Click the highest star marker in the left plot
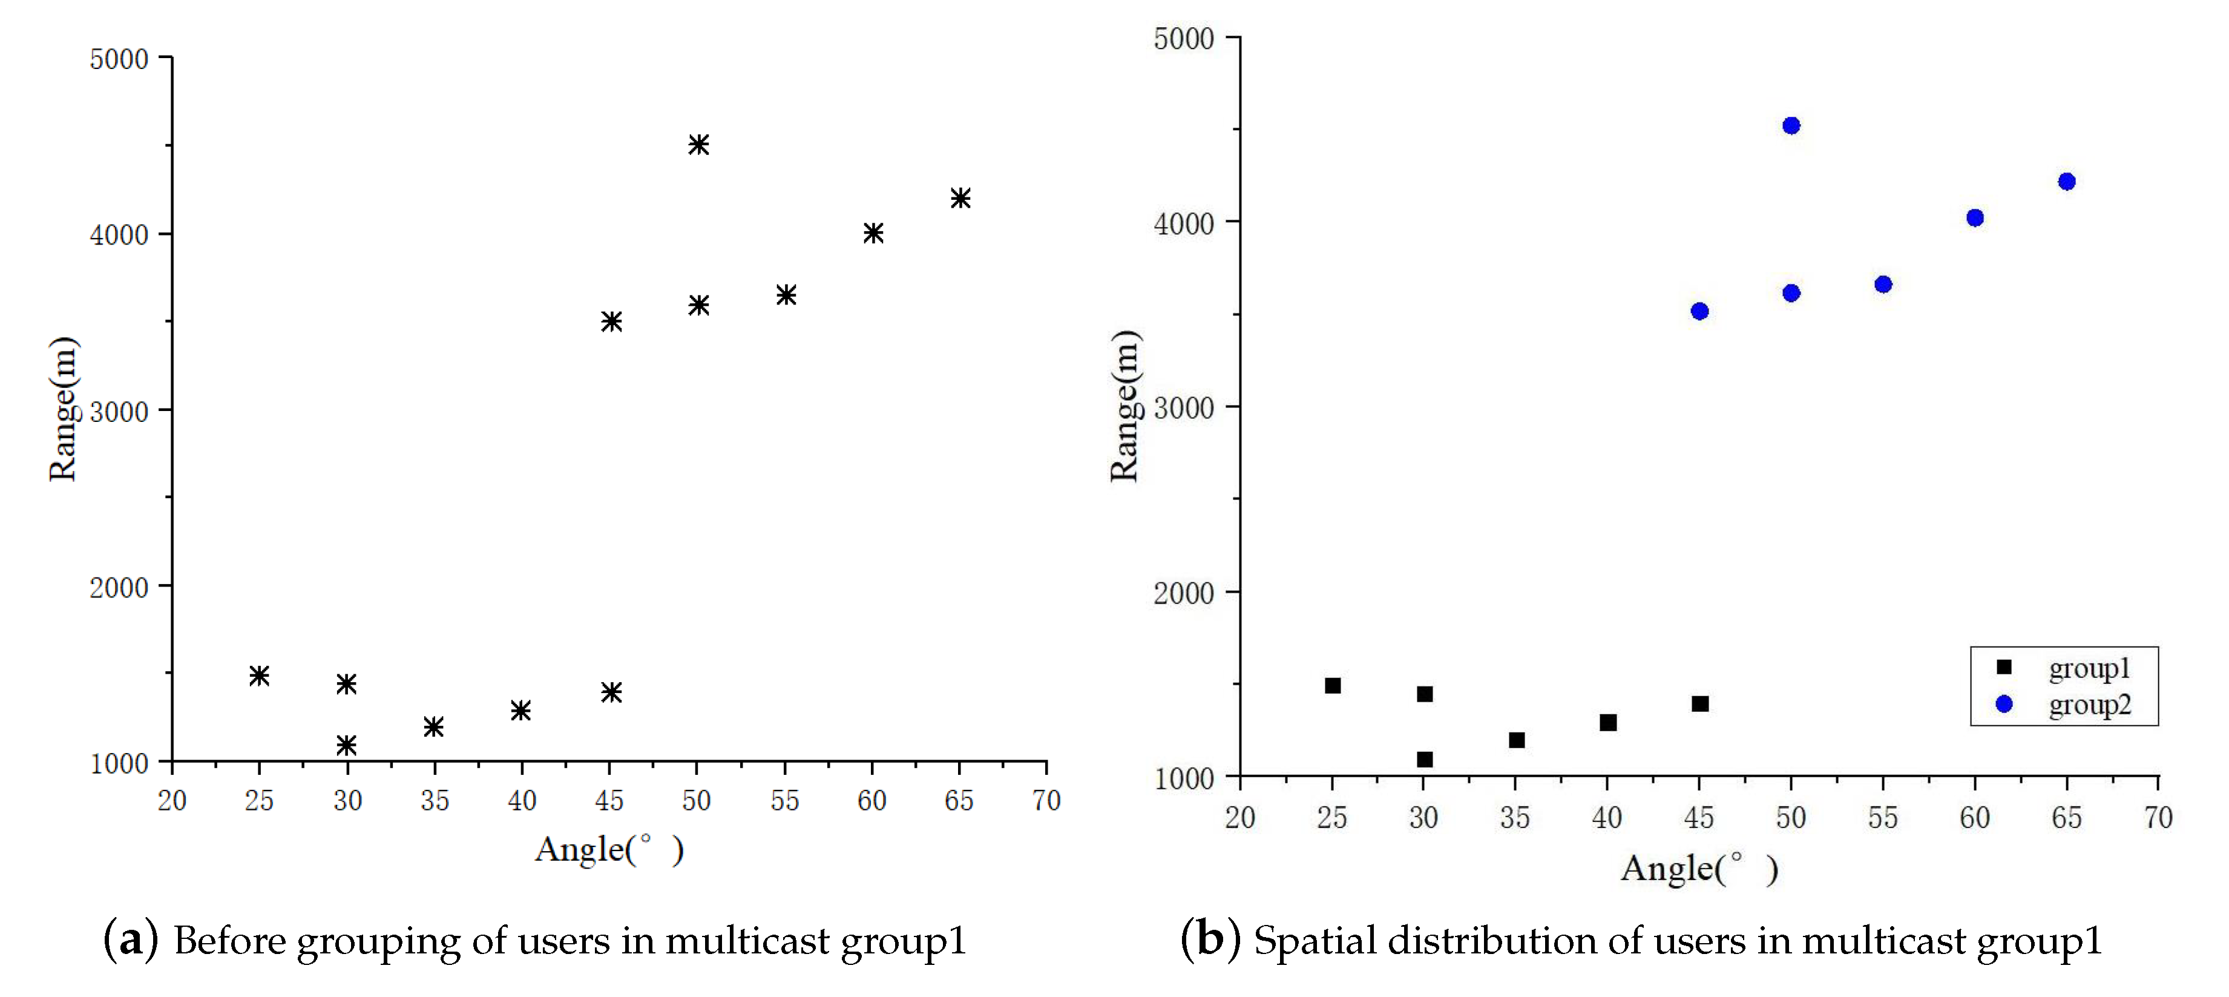[x=698, y=145]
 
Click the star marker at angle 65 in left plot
[x=960, y=198]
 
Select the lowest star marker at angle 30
[x=346, y=745]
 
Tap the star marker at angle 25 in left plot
[x=258, y=675]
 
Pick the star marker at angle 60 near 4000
[x=872, y=233]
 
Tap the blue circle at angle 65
[x=2066, y=182]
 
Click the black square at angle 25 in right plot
[x=1333, y=685]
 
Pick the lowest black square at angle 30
[x=1424, y=759]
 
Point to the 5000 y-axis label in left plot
[x=119, y=60]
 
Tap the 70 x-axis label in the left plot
[x=1045, y=800]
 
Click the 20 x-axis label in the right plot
[x=1239, y=818]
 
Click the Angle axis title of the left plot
[x=608, y=850]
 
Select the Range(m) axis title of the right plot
[x=1125, y=406]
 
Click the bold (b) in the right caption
[x=1210, y=940]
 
